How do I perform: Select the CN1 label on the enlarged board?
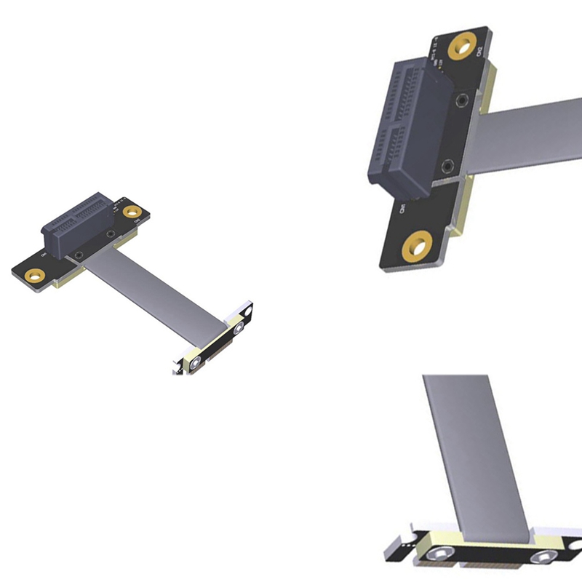(x=402, y=211)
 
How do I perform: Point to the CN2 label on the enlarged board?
(x=478, y=51)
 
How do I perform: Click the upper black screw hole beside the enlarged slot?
(x=463, y=100)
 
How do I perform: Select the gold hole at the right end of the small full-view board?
(x=132, y=212)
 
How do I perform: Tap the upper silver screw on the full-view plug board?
(x=238, y=329)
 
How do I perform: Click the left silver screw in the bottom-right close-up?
(x=439, y=556)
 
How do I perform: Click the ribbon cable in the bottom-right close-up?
(x=473, y=451)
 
